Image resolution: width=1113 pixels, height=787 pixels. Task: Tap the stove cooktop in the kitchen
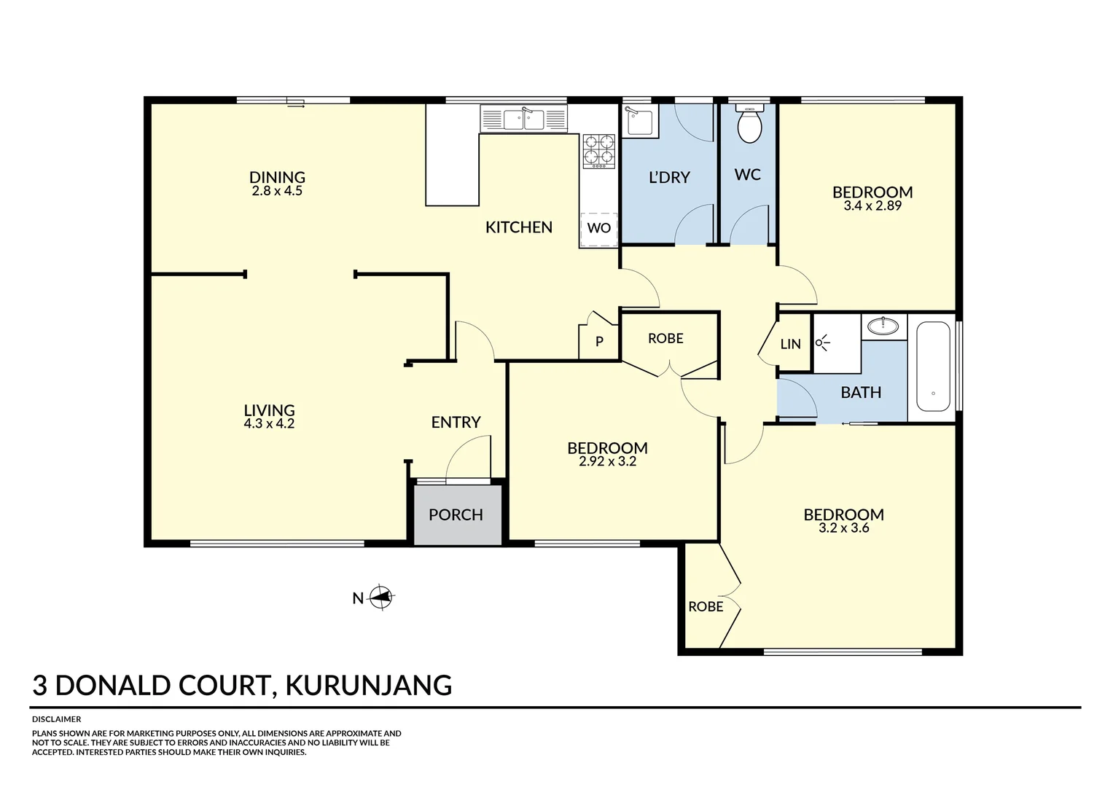[598, 150]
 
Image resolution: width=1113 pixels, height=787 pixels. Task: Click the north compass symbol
[380, 598]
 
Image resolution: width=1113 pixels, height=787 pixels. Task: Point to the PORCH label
[456, 515]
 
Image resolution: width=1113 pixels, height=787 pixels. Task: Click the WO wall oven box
[598, 229]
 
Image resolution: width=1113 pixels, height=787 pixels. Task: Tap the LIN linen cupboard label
[790, 344]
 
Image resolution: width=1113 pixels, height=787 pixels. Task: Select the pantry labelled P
[599, 341]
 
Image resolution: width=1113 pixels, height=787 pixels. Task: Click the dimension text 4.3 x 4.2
[269, 424]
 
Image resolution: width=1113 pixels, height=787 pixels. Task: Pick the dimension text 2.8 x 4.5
[277, 191]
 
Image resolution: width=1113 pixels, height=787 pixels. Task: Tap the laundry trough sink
[640, 121]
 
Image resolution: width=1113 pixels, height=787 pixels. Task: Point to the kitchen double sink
[523, 119]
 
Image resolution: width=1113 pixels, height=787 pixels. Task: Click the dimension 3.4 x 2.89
[872, 206]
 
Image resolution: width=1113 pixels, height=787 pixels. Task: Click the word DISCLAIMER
[57, 719]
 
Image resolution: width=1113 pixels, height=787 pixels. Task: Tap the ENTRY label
[456, 423]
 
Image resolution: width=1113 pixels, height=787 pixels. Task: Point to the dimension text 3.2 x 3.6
[843, 528]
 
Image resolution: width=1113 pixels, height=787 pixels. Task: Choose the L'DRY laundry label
[668, 177]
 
